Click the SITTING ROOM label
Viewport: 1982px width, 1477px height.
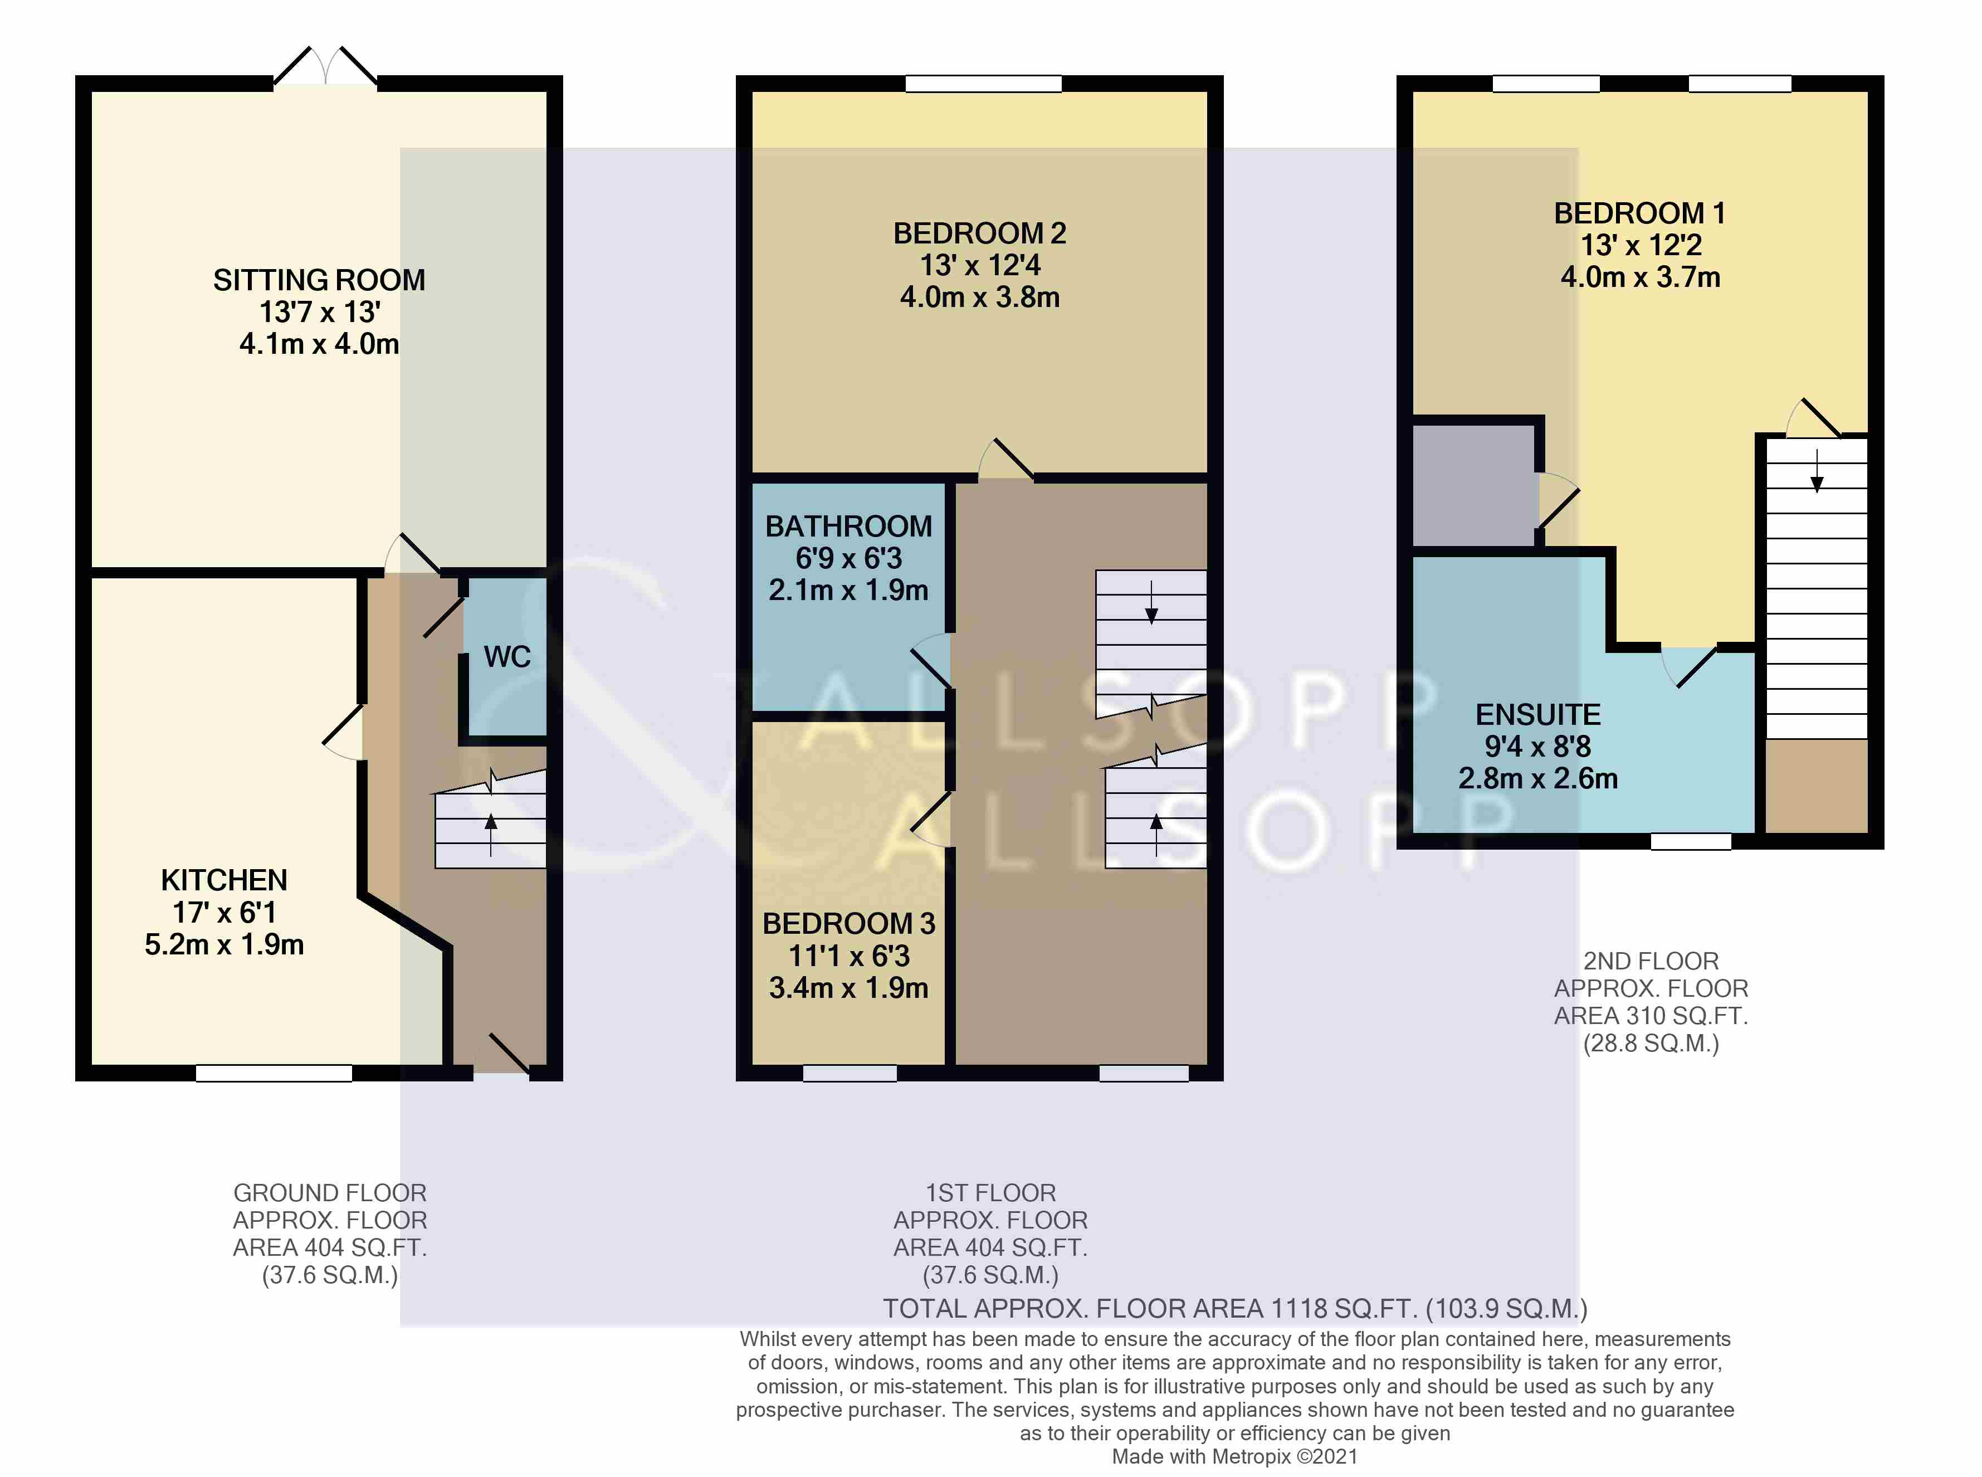tap(319, 280)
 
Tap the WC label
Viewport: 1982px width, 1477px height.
tap(507, 656)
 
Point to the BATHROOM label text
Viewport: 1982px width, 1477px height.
tap(848, 526)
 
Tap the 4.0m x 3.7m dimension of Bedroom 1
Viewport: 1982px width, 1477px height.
tap(1641, 276)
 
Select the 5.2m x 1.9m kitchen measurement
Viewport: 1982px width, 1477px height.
tap(224, 944)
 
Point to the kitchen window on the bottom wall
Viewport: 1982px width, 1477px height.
tap(274, 1073)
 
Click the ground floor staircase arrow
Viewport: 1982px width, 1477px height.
tap(491, 833)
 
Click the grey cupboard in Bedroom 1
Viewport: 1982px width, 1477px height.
tap(1474, 485)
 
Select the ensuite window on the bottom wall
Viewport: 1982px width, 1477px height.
tap(1691, 841)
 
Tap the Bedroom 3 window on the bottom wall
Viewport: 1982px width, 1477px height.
tap(850, 1073)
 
